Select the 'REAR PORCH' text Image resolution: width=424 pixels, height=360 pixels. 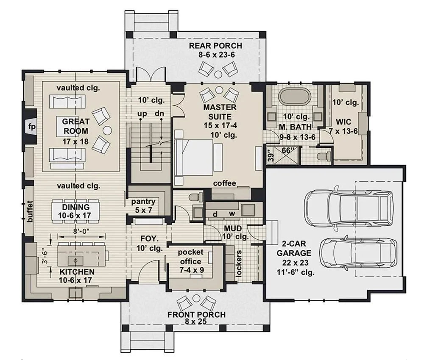[x=215, y=46]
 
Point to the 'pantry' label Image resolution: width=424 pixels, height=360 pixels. [x=143, y=202]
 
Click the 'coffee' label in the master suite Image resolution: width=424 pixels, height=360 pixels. [x=224, y=183]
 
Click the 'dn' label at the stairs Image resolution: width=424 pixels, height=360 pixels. [x=159, y=113]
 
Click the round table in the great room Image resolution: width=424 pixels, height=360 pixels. [x=108, y=130]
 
